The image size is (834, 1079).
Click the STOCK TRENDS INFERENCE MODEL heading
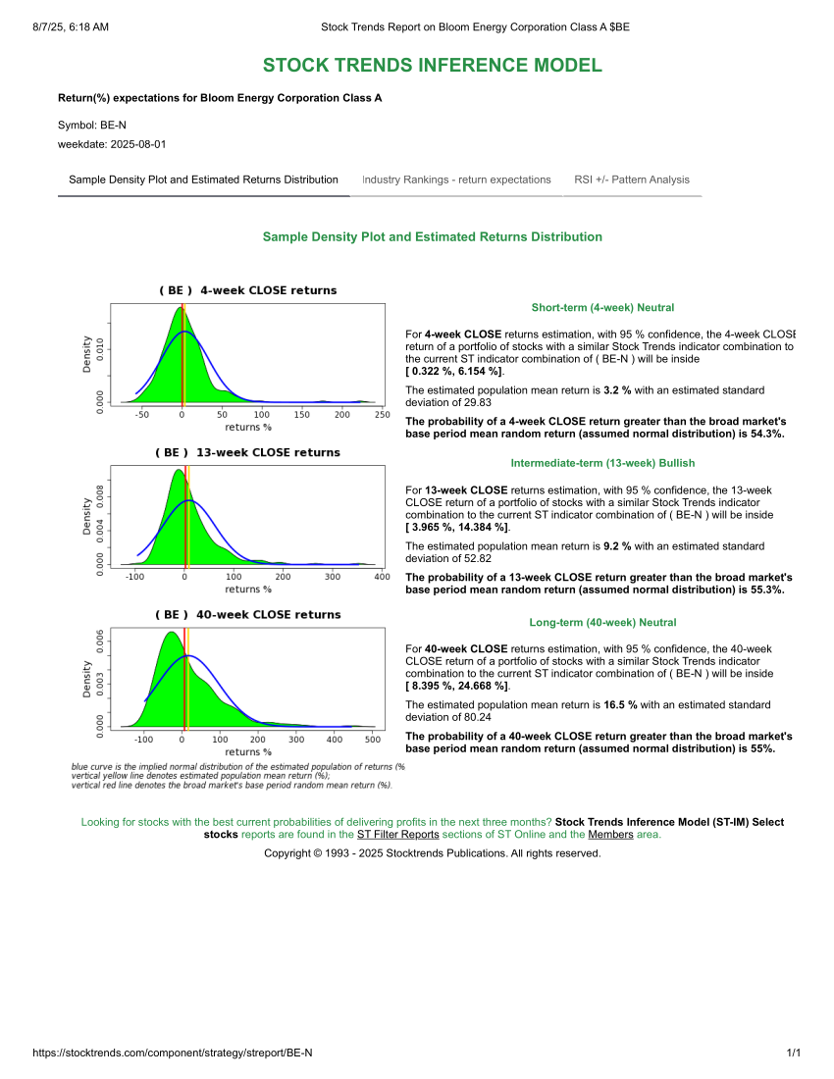click(432, 66)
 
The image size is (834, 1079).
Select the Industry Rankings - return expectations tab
click(456, 180)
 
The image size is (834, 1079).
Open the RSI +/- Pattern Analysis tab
click(632, 180)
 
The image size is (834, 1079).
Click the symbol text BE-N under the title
click(113, 125)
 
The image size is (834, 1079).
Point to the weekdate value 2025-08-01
click(138, 144)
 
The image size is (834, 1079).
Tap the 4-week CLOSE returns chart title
click(247, 290)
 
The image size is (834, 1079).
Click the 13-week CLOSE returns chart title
click(247, 452)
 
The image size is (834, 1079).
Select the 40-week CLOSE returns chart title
click(247, 615)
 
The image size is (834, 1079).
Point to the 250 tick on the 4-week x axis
click(383, 415)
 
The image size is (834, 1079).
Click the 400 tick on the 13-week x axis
click(383, 577)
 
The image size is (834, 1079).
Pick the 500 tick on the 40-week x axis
click(371, 740)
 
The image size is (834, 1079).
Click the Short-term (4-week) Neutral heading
click(602, 308)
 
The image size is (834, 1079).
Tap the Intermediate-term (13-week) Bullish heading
click(602, 463)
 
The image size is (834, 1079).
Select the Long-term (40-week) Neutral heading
click(602, 623)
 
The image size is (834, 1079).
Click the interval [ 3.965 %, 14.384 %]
click(457, 528)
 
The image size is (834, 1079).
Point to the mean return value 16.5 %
click(620, 704)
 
